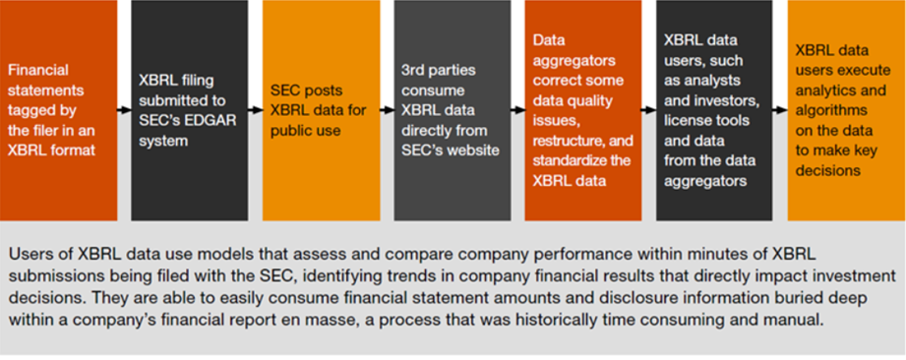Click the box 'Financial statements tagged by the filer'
(x=58, y=110)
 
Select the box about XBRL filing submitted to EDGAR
(x=190, y=110)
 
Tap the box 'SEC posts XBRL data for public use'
(x=322, y=110)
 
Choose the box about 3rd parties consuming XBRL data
(x=453, y=110)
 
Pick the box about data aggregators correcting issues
(x=583, y=110)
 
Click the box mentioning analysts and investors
(x=714, y=110)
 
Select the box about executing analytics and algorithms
(x=847, y=110)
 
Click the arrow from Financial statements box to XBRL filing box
(x=124, y=110)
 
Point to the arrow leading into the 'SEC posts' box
(x=256, y=110)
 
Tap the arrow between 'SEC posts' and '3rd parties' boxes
(x=388, y=110)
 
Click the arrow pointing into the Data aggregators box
(x=517, y=110)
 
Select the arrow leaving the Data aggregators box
(x=649, y=110)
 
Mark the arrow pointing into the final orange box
(x=780, y=110)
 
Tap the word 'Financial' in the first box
(x=38, y=70)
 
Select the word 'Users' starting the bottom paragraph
(x=29, y=254)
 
